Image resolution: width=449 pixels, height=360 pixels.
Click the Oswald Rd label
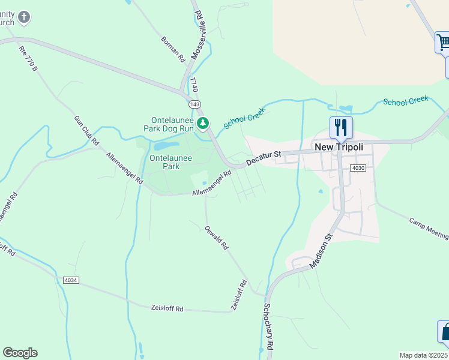pos(216,238)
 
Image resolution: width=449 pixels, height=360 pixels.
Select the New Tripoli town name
pos(339,147)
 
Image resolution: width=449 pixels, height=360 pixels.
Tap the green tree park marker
pos(203,124)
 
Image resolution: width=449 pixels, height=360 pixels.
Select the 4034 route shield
pos(71,280)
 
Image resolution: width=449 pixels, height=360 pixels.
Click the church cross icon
pos(23,17)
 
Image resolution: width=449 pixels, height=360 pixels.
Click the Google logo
pos(20,353)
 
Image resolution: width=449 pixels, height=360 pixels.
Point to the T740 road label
pos(193,84)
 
